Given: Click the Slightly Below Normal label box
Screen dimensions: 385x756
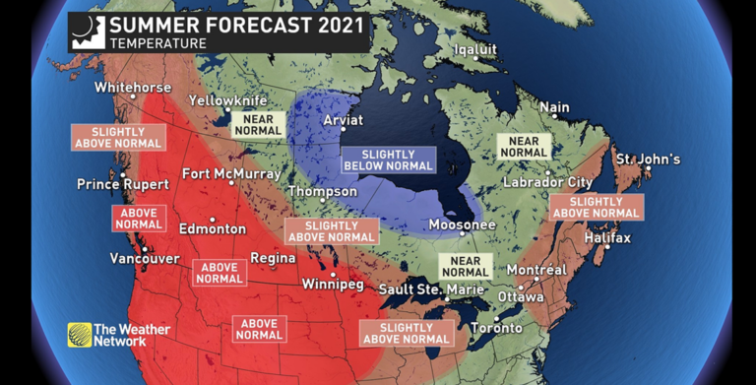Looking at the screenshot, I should pos(387,160).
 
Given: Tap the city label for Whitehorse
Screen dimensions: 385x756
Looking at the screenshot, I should pos(133,88).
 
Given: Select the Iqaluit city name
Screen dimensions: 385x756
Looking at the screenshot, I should pos(475,49).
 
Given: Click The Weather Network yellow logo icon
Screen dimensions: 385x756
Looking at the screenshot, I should pos(79,335).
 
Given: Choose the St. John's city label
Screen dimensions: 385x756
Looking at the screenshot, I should pos(648,160).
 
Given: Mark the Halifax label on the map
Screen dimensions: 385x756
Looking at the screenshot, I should pos(606,238).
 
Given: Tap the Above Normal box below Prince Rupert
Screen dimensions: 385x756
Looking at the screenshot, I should pos(138,218).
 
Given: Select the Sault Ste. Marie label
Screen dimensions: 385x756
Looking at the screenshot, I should pos(432,289).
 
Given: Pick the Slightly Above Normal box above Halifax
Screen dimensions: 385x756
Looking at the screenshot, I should pos(597,207).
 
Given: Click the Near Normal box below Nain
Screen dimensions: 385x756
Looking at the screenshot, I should pos(524,146).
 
